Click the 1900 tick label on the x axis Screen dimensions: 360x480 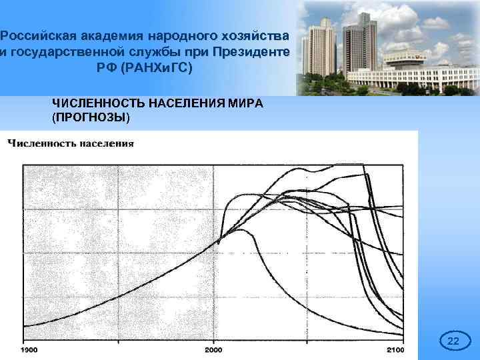click(29, 349)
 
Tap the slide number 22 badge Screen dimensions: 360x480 click(453, 342)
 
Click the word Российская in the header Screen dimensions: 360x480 click(35, 35)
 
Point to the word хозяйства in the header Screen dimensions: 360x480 click(255, 35)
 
